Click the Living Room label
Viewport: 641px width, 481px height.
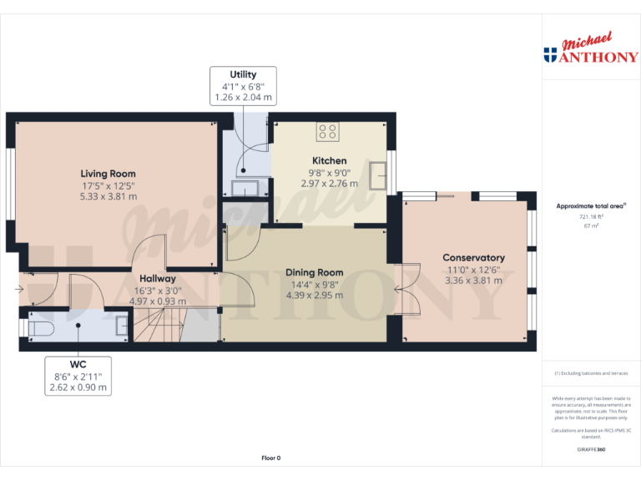[x=109, y=174]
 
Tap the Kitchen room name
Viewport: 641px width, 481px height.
[x=329, y=160]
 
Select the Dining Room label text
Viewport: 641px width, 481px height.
[x=314, y=272]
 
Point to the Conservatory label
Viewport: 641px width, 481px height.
[x=473, y=258]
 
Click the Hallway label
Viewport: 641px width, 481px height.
[x=157, y=279]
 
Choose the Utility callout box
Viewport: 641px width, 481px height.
[x=242, y=86]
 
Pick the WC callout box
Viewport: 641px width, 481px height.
[x=77, y=376]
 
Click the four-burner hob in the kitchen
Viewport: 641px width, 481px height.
[x=328, y=132]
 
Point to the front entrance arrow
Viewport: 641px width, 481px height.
[x=18, y=291]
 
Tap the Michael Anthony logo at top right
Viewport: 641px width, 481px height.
[x=591, y=50]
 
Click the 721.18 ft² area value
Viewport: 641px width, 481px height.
[x=591, y=216]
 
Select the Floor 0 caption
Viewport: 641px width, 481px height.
[x=271, y=458]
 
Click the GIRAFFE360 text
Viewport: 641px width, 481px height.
[x=591, y=450]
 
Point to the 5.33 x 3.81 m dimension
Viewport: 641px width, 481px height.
[x=109, y=196]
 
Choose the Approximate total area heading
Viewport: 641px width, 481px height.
[x=591, y=205]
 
